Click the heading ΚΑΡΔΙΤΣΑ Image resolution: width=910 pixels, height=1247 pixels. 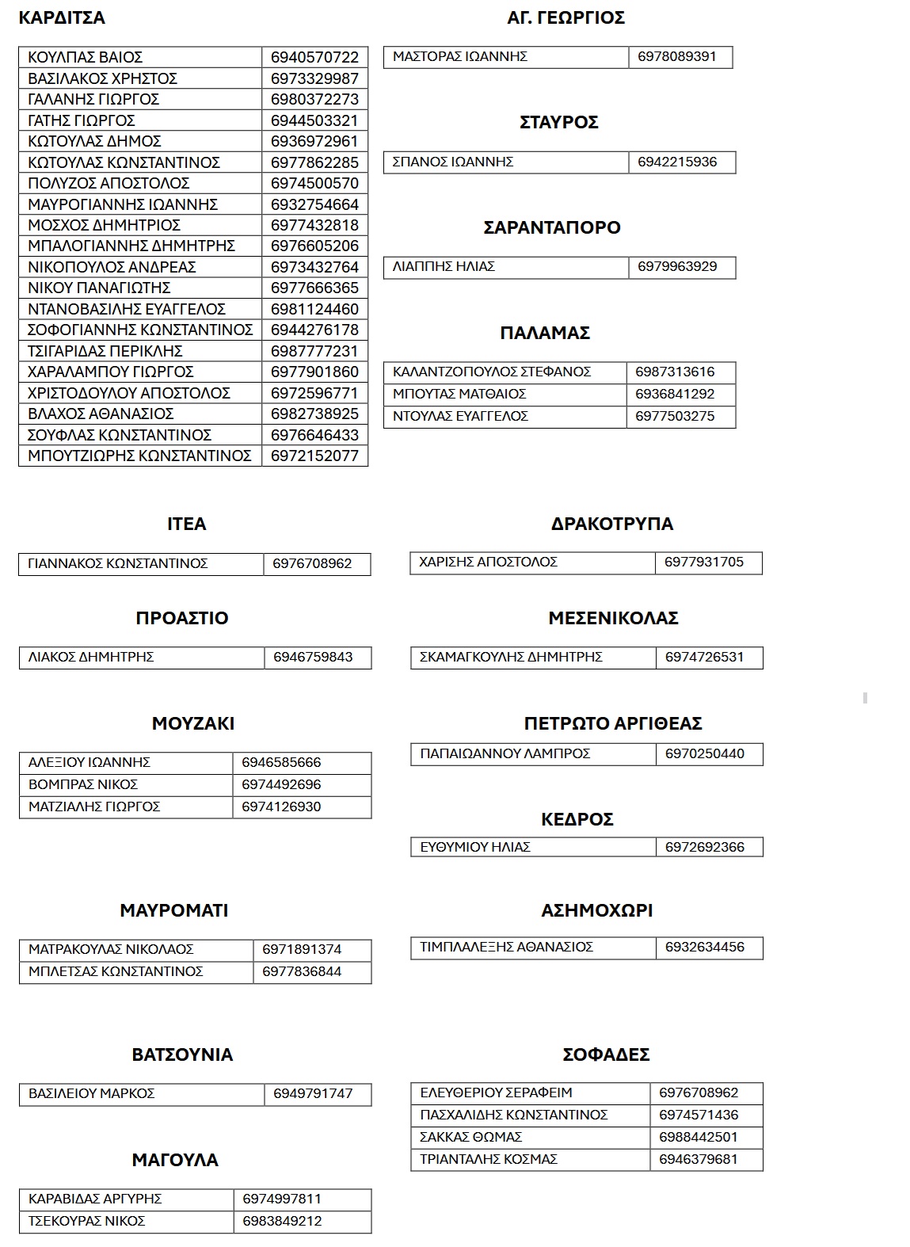point(62,17)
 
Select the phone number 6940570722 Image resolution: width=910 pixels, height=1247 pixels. point(314,57)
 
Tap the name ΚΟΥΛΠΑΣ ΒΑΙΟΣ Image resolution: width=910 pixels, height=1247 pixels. point(85,57)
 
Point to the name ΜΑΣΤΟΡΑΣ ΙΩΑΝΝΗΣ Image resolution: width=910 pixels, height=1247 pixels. point(459,56)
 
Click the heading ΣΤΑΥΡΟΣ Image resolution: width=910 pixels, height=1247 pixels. point(558,122)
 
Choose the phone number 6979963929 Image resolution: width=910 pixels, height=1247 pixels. point(677,266)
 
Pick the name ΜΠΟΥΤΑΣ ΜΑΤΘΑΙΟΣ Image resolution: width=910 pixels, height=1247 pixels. point(459,394)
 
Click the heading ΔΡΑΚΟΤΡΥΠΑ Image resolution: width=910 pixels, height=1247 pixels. point(611,524)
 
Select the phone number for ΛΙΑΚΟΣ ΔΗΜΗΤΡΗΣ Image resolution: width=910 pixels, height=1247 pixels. point(313,657)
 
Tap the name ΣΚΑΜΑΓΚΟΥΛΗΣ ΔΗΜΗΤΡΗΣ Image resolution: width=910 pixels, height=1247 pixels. point(511,657)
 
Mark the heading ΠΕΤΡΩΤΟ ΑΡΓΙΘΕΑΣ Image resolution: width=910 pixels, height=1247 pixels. point(613,723)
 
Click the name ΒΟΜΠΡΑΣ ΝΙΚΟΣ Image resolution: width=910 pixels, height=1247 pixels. point(83,784)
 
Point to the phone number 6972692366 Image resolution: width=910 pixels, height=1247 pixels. point(705,847)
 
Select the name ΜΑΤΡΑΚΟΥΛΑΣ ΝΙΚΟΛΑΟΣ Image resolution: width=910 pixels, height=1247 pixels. point(111,949)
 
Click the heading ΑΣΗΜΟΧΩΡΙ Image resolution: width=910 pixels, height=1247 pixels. point(597,910)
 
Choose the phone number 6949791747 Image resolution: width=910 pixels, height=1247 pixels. point(313,1093)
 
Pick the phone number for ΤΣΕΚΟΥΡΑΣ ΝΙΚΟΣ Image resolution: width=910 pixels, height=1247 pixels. point(283,1221)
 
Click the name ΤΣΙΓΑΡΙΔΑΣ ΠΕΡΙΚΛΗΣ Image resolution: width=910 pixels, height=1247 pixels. point(105,351)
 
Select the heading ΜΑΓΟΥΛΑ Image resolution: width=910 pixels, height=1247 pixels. point(175,1160)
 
